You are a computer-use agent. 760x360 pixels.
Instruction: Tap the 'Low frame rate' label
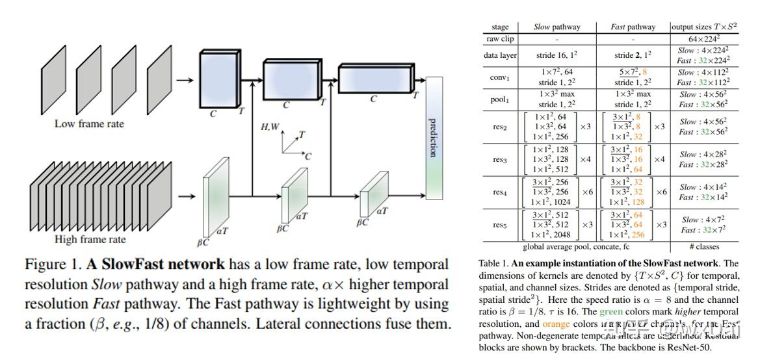[89, 123]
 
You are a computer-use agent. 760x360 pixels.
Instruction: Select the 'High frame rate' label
[90, 239]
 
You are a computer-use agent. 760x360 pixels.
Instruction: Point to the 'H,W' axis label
[270, 127]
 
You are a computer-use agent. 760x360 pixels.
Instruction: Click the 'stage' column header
[501, 27]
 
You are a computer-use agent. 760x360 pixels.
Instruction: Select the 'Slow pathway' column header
[557, 27]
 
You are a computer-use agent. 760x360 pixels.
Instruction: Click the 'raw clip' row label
[501, 39]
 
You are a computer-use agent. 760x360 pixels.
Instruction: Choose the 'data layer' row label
[500, 55]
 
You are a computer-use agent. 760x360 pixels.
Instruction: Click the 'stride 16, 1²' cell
[557, 55]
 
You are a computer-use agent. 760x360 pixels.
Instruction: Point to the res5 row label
[500, 225]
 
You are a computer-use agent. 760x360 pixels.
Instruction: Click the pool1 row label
[500, 99]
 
